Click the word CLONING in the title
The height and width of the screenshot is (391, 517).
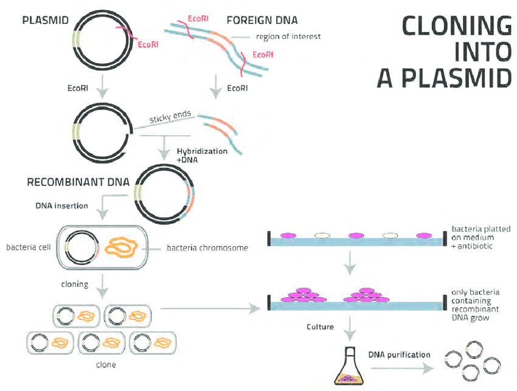[x=457, y=26]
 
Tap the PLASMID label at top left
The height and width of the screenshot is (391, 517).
[x=44, y=20]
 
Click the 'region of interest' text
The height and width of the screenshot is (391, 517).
[x=288, y=36]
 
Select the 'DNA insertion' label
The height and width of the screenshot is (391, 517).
[x=61, y=206]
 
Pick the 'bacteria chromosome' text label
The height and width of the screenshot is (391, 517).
[x=207, y=247]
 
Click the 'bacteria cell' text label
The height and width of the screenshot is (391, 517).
[x=29, y=247]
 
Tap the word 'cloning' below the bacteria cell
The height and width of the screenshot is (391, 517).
[x=74, y=283]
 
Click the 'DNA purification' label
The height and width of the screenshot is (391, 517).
[x=400, y=355]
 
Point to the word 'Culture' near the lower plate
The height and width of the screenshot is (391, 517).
[x=320, y=327]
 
